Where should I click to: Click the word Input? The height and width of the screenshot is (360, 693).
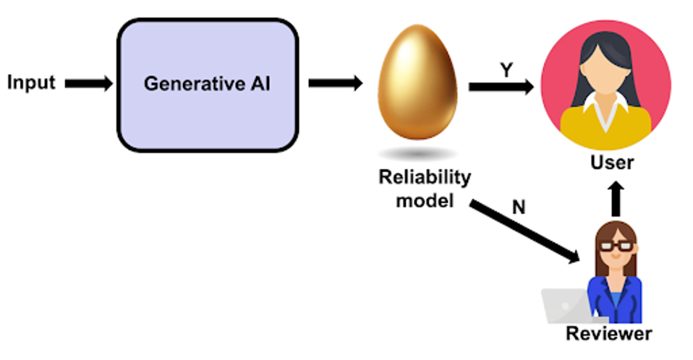click(31, 82)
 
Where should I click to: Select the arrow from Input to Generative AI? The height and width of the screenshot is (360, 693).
click(88, 84)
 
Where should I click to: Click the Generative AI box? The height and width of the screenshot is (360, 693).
click(207, 85)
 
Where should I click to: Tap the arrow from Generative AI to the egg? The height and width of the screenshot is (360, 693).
click(335, 83)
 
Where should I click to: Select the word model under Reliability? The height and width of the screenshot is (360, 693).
click(425, 200)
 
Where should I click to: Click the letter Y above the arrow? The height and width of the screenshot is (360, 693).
click(507, 70)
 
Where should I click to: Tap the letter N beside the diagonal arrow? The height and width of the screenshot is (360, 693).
click(519, 207)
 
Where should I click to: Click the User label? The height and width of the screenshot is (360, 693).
click(612, 162)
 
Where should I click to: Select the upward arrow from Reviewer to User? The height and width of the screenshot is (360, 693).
click(615, 199)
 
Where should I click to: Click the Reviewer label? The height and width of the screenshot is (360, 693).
click(608, 334)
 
